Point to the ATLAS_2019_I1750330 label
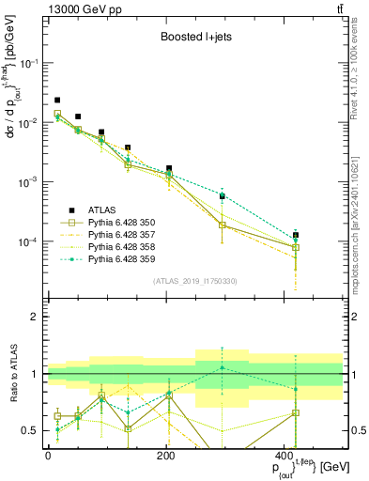click(193, 281)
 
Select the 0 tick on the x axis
click(48, 456)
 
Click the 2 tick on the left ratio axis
click(36, 318)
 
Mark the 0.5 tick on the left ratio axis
click(32, 430)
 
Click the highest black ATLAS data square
click(57, 100)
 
